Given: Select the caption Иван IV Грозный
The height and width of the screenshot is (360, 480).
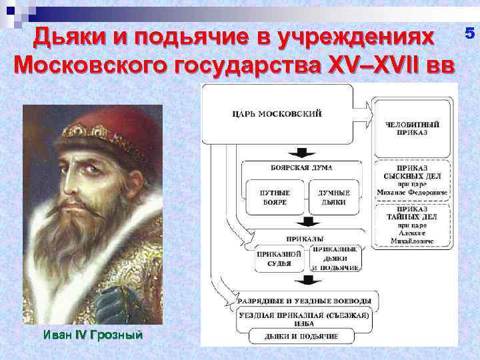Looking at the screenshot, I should click(x=93, y=335).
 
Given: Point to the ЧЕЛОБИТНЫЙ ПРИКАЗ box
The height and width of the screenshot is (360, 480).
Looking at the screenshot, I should click(x=412, y=127).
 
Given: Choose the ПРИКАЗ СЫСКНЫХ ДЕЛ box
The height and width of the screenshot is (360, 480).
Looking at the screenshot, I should click(x=412, y=179).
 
